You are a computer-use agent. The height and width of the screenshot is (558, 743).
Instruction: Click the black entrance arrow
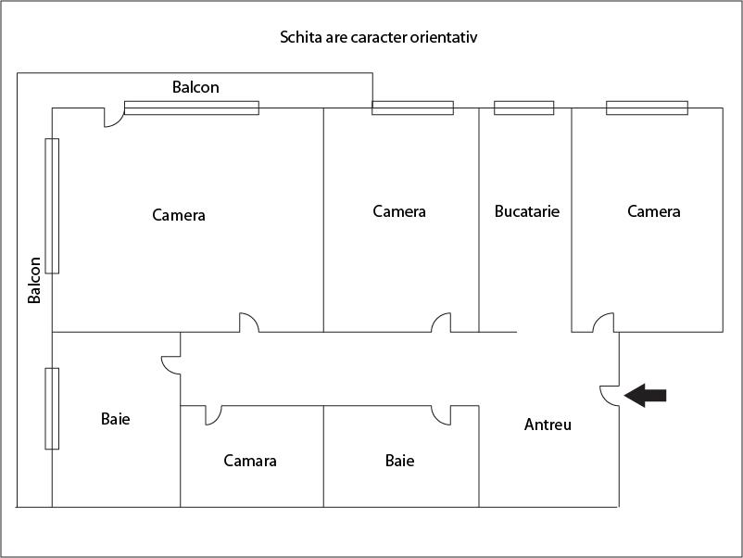click(x=645, y=396)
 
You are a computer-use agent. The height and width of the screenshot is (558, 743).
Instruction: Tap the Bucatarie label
click(x=527, y=211)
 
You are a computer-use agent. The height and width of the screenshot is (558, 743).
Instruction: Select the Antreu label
click(x=548, y=425)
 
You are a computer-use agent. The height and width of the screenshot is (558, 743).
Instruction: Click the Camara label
click(x=250, y=461)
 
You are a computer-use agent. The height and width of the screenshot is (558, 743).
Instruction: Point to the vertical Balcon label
click(x=34, y=280)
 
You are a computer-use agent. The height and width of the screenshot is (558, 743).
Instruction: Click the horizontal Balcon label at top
click(x=195, y=87)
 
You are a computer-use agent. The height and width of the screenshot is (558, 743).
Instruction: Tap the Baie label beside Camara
click(x=399, y=461)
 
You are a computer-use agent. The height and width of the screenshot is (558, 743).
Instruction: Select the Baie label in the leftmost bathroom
click(x=116, y=419)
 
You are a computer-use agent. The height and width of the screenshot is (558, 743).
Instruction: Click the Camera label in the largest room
click(x=179, y=215)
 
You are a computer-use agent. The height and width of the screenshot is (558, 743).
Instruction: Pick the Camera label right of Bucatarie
click(x=654, y=211)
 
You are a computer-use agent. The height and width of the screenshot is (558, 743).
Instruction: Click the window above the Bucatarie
click(x=523, y=108)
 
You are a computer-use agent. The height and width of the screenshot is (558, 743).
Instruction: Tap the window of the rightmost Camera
click(x=647, y=108)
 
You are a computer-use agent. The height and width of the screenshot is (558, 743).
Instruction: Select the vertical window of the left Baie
click(x=52, y=408)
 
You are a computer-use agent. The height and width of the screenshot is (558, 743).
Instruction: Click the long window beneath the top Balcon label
click(x=192, y=108)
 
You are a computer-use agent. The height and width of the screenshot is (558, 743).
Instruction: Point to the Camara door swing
click(x=212, y=414)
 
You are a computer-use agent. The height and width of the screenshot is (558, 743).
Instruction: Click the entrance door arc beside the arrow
click(x=609, y=394)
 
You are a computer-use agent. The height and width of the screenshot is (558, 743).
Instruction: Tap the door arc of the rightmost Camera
click(x=603, y=322)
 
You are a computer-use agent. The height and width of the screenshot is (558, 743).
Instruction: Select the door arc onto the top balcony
click(x=113, y=118)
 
